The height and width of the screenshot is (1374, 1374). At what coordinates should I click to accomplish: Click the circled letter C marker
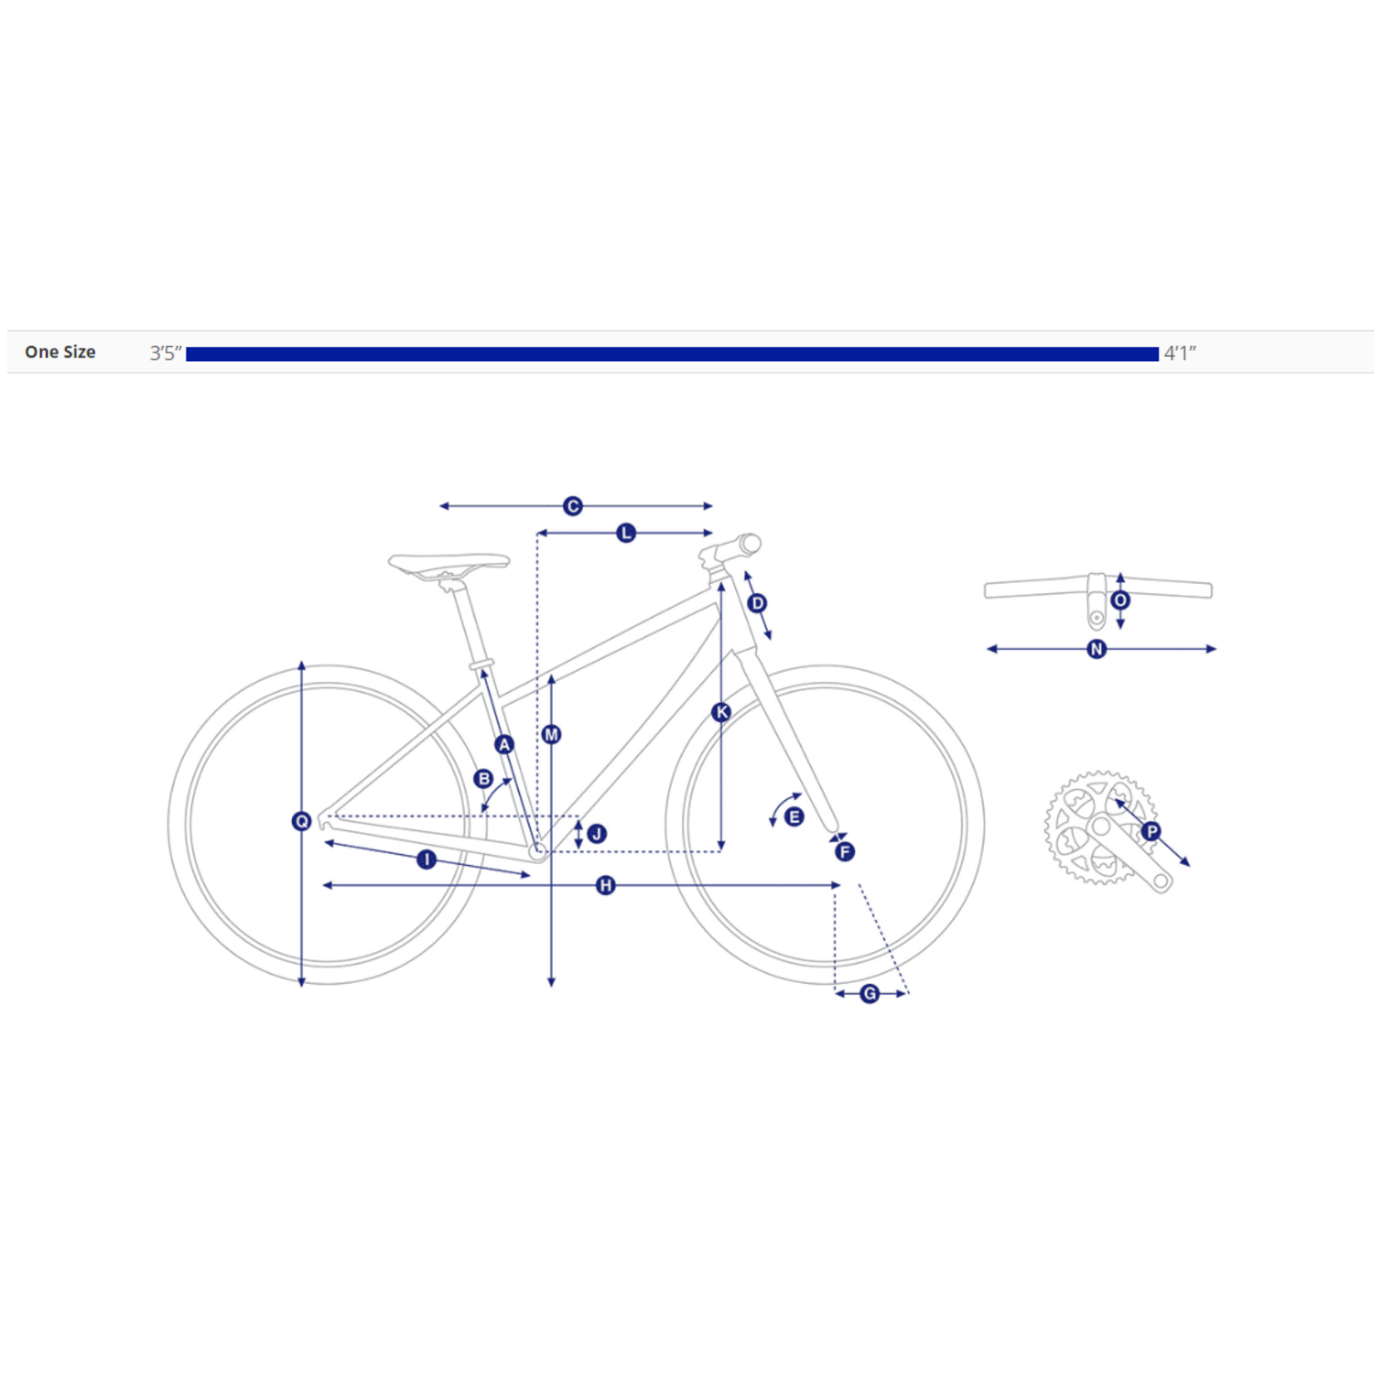[572, 506]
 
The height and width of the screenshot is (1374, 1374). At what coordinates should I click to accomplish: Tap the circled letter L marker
[626, 533]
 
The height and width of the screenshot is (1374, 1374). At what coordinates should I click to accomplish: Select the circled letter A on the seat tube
[504, 744]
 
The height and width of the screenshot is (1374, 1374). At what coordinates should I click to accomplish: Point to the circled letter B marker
[483, 779]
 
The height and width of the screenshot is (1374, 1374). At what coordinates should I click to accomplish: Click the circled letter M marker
[551, 734]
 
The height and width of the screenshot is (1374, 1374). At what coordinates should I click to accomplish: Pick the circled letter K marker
[721, 712]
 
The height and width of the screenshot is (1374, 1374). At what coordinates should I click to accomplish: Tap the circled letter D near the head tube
[757, 603]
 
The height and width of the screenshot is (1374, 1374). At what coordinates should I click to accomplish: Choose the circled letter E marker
[794, 817]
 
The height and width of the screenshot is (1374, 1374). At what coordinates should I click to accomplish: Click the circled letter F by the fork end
[845, 852]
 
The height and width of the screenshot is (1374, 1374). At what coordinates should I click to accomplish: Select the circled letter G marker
[870, 993]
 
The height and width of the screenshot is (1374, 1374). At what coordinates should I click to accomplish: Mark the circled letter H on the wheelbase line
[605, 886]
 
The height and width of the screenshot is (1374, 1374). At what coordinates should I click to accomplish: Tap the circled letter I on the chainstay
[427, 859]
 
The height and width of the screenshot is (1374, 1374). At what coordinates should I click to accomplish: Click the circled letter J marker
[597, 833]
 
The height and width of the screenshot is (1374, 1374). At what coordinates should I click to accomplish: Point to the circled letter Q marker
[302, 822]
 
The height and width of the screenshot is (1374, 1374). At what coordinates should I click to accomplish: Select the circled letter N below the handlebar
[1097, 649]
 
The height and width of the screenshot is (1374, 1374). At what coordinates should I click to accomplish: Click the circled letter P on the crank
[1151, 831]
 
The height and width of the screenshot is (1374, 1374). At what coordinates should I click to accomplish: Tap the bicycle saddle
[449, 566]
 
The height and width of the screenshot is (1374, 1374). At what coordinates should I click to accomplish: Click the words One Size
[60, 352]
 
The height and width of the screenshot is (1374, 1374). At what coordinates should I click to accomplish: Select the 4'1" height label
[1179, 353]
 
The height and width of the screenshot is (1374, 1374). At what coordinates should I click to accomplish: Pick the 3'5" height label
[166, 353]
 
